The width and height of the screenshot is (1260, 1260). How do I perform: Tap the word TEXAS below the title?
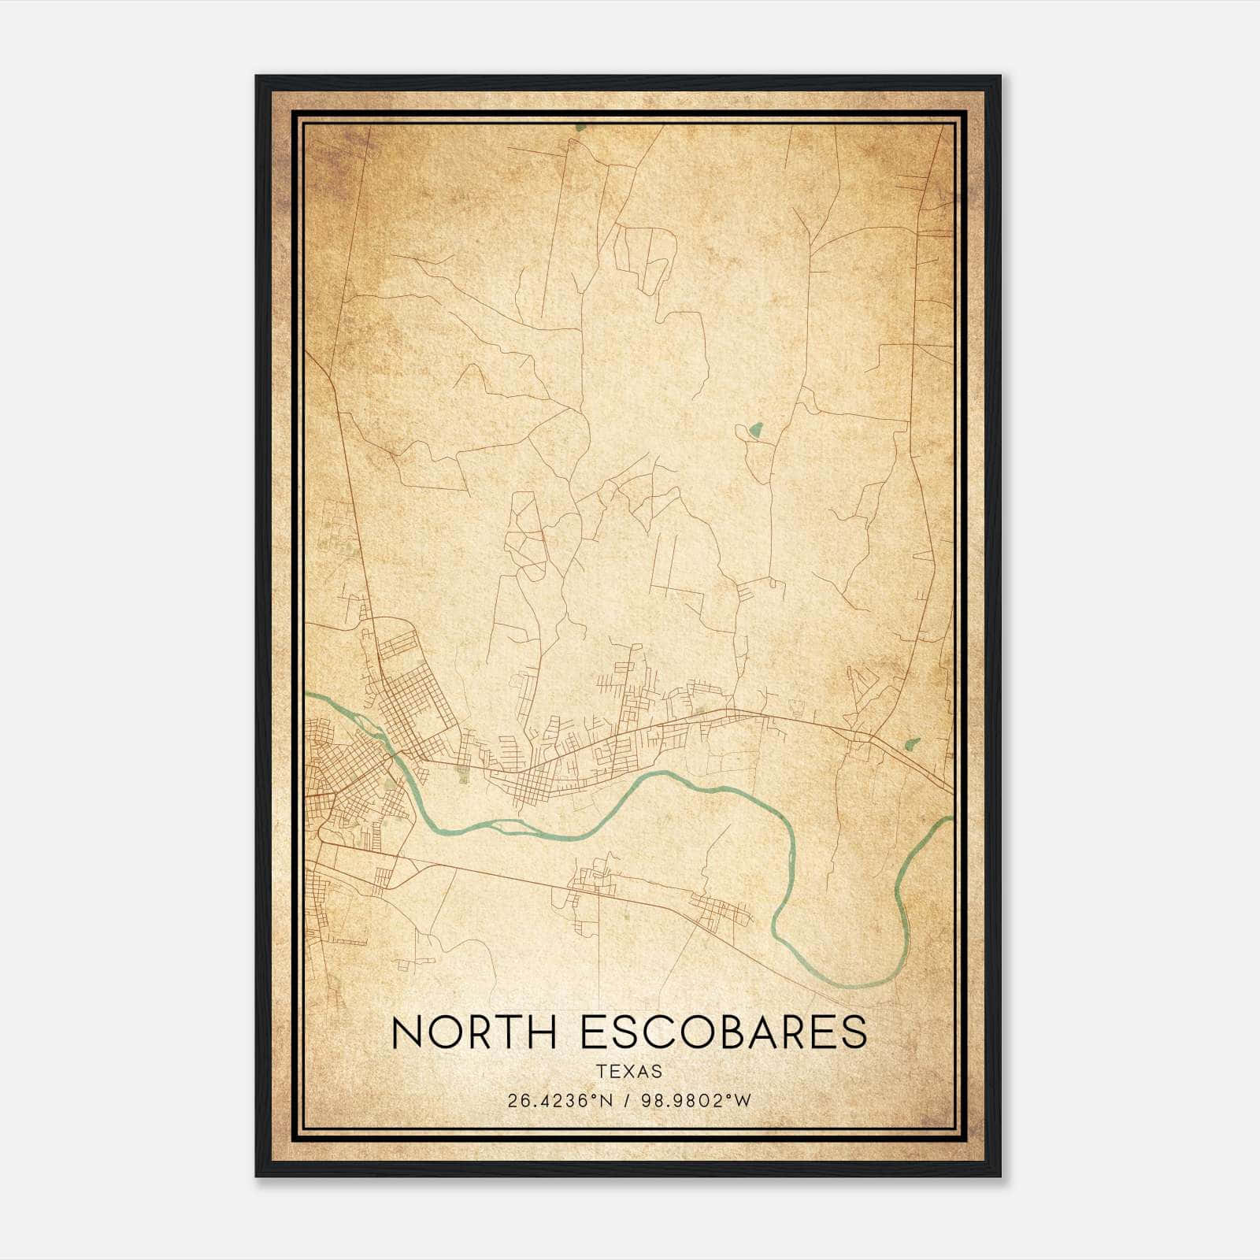(x=629, y=1072)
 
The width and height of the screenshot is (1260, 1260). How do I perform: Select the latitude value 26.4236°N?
(x=560, y=1101)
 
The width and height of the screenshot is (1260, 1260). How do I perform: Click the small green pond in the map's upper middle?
(x=756, y=429)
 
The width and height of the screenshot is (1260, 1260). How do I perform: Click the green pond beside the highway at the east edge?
(x=913, y=743)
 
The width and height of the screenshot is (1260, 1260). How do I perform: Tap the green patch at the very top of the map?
(x=580, y=126)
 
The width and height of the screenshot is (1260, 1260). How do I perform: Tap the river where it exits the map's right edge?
(x=949, y=820)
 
